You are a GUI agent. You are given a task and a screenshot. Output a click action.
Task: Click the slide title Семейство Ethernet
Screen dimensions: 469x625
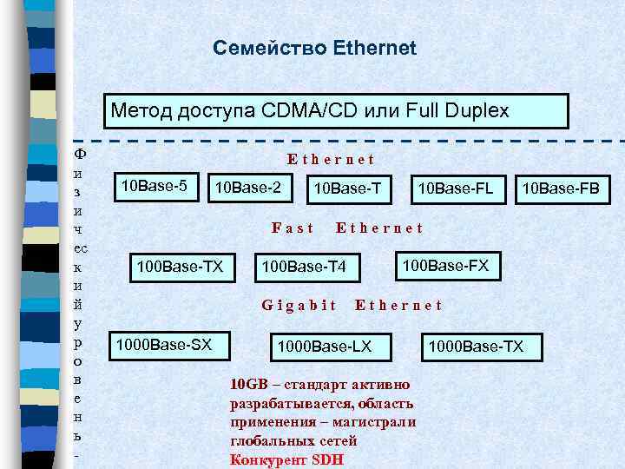click(x=314, y=48)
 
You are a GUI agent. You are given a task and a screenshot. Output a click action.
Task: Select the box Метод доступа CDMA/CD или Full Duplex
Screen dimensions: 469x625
click(x=336, y=111)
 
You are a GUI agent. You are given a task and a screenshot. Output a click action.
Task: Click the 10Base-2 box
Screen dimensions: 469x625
click(x=248, y=188)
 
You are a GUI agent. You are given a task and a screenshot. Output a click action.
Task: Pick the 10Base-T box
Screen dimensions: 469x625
click(x=347, y=188)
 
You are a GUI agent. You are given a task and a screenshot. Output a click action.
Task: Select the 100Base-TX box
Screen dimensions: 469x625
click(x=183, y=265)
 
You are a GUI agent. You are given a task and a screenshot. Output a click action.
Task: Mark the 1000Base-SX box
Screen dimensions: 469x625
click(x=164, y=344)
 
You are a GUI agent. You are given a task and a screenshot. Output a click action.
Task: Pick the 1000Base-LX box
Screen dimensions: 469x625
click(x=324, y=347)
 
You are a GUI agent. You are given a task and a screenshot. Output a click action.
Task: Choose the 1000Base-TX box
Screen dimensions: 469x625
click(x=477, y=347)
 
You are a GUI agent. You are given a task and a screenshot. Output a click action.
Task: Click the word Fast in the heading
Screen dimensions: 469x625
click(x=293, y=228)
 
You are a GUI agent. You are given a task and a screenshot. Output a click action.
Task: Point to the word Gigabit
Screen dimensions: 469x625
click(x=299, y=305)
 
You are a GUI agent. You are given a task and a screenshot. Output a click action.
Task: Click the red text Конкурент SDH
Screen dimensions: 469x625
click(x=286, y=459)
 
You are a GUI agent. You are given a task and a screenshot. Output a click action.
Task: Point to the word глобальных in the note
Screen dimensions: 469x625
click(x=268, y=441)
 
